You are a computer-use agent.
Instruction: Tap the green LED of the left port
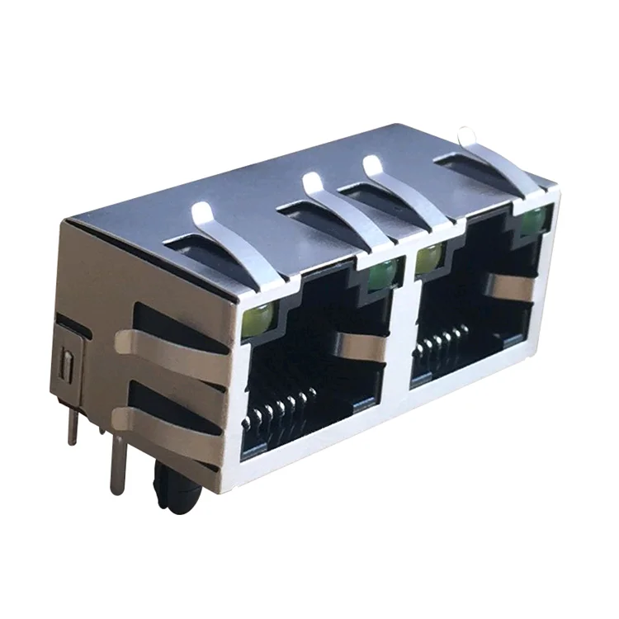382,274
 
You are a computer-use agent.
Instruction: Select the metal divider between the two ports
403,330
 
